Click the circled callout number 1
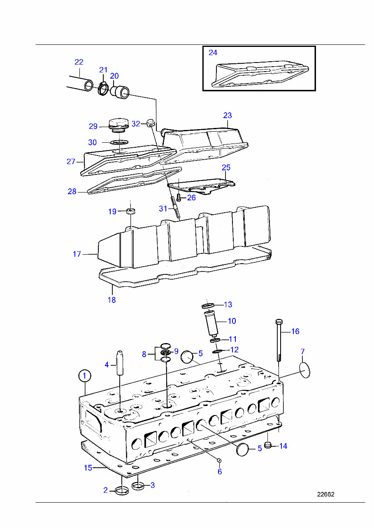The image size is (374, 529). [x=84, y=376]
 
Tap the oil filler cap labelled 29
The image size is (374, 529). [x=118, y=124]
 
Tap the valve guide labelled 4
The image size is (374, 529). [x=120, y=362]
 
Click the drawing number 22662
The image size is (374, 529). [x=325, y=494]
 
